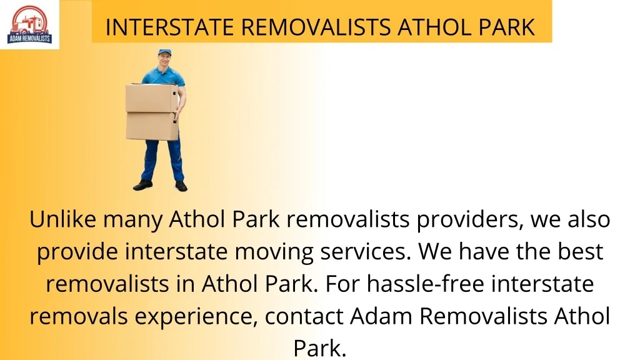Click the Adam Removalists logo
(29, 24)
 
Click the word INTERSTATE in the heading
(169, 27)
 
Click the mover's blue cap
(164, 52)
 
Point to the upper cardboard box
(152, 98)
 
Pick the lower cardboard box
(152, 126)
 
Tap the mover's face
(164, 61)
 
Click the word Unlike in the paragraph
(62, 219)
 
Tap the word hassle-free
(425, 284)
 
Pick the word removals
(78, 316)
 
